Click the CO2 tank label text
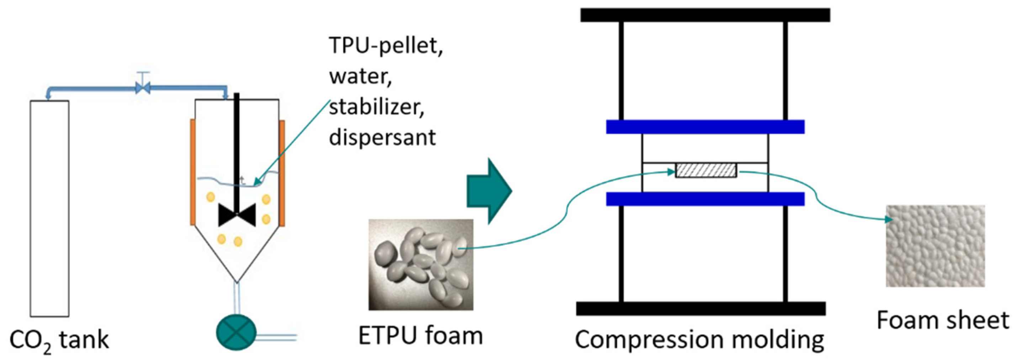59,340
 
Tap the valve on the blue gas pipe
143,87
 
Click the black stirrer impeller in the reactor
237,215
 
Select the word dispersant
382,138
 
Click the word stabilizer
377,107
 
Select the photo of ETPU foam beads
421,264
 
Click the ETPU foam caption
420,336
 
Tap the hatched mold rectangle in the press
705,170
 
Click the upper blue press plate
705,127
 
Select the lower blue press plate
705,199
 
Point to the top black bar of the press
705,15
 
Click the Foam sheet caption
943,320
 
